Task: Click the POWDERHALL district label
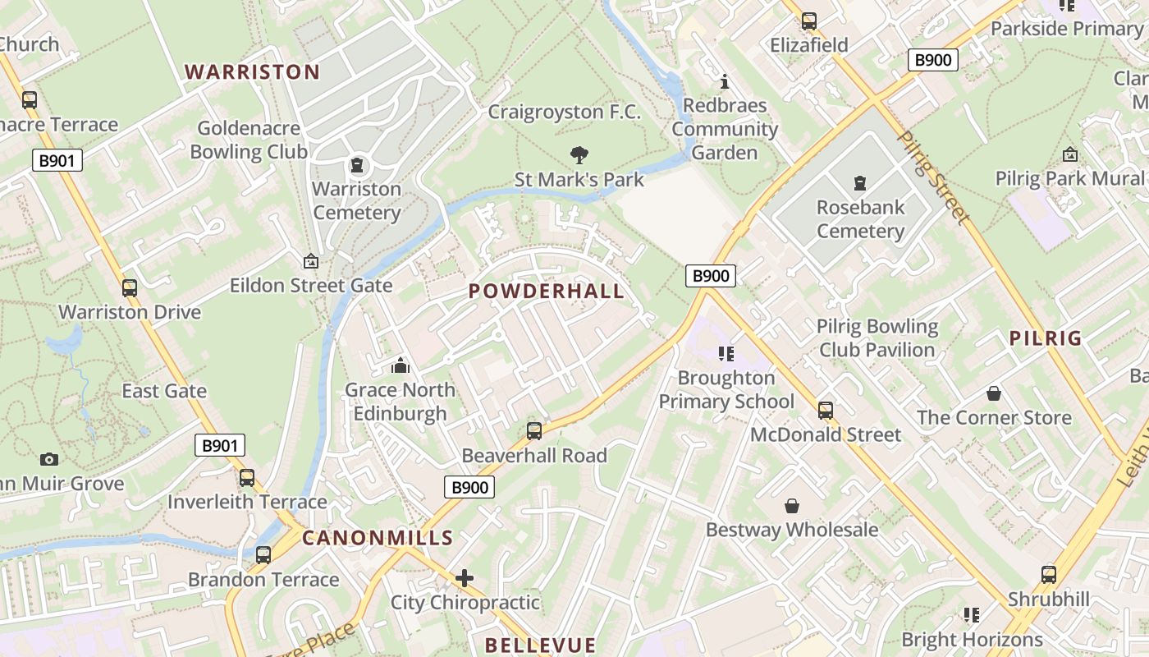click(x=547, y=291)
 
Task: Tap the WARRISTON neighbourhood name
click(x=252, y=71)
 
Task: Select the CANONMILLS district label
click(x=378, y=538)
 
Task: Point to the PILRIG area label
click(x=1046, y=338)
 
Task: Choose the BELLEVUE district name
click(x=540, y=645)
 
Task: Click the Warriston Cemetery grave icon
click(x=357, y=166)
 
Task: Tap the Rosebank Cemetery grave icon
click(x=859, y=182)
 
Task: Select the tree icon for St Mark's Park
click(x=579, y=154)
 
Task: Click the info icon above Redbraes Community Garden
click(x=725, y=81)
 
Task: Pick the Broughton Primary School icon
click(x=726, y=354)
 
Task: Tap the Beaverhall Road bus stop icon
click(x=534, y=430)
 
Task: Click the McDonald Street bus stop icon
click(x=826, y=410)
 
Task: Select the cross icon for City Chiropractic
click(x=465, y=578)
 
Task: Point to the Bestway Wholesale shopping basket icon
click(x=792, y=506)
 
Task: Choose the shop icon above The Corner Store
click(x=994, y=393)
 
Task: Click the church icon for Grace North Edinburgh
click(x=401, y=365)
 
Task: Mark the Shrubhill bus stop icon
click(x=1049, y=574)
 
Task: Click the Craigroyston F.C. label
click(x=565, y=112)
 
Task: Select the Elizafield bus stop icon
click(x=809, y=21)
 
